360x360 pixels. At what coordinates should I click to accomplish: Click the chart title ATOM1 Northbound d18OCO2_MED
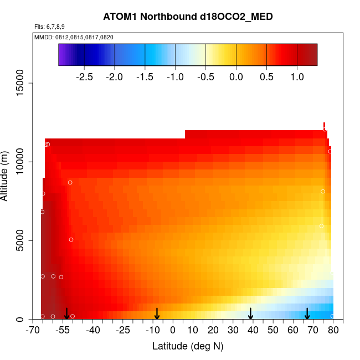point(188,17)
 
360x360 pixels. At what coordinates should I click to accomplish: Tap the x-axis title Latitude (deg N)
point(188,347)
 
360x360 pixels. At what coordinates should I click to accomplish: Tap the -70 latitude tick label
point(33,331)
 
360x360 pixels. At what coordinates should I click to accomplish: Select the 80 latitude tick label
point(333,331)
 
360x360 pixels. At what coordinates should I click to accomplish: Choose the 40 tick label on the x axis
point(253,331)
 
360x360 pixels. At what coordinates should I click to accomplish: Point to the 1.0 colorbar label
point(297,76)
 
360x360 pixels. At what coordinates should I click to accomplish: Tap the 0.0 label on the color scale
point(236,76)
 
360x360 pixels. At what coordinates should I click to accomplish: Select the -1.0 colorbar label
point(175,76)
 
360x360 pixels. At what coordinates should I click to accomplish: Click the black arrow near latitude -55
point(66,314)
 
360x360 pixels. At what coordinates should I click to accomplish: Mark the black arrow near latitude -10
point(157,314)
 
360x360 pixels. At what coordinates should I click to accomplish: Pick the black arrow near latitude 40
point(250,314)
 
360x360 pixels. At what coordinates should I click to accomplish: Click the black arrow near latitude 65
point(307,314)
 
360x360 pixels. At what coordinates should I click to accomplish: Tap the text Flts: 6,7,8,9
point(50,27)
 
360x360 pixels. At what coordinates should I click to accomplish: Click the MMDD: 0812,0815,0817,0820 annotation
point(74,37)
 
